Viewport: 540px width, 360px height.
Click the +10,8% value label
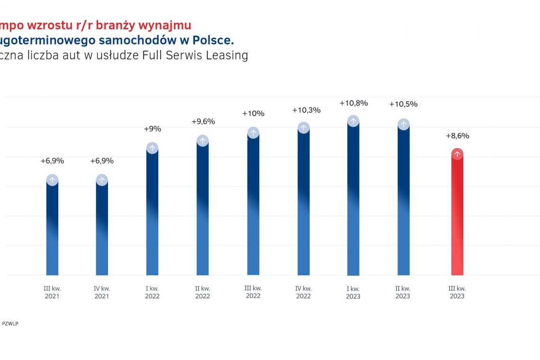[x=353, y=103]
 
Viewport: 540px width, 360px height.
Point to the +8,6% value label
[x=457, y=136]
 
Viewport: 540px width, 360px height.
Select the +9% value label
[x=152, y=128]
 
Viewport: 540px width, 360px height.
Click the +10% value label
[x=253, y=114]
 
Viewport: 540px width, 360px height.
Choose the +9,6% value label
[x=203, y=121]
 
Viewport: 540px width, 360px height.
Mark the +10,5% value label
[x=403, y=104]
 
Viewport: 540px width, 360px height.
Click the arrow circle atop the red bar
[x=457, y=154]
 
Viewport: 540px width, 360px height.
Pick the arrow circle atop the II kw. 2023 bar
[x=403, y=124]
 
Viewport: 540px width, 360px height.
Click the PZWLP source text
[x=10, y=324]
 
